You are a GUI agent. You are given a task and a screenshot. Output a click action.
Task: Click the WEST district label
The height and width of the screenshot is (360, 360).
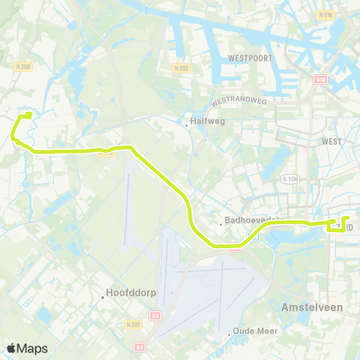[331, 141]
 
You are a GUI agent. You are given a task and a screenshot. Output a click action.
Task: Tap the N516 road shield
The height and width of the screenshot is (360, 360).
[325, 14]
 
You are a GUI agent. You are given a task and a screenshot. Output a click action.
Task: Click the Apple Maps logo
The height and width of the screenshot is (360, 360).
[27, 348]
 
